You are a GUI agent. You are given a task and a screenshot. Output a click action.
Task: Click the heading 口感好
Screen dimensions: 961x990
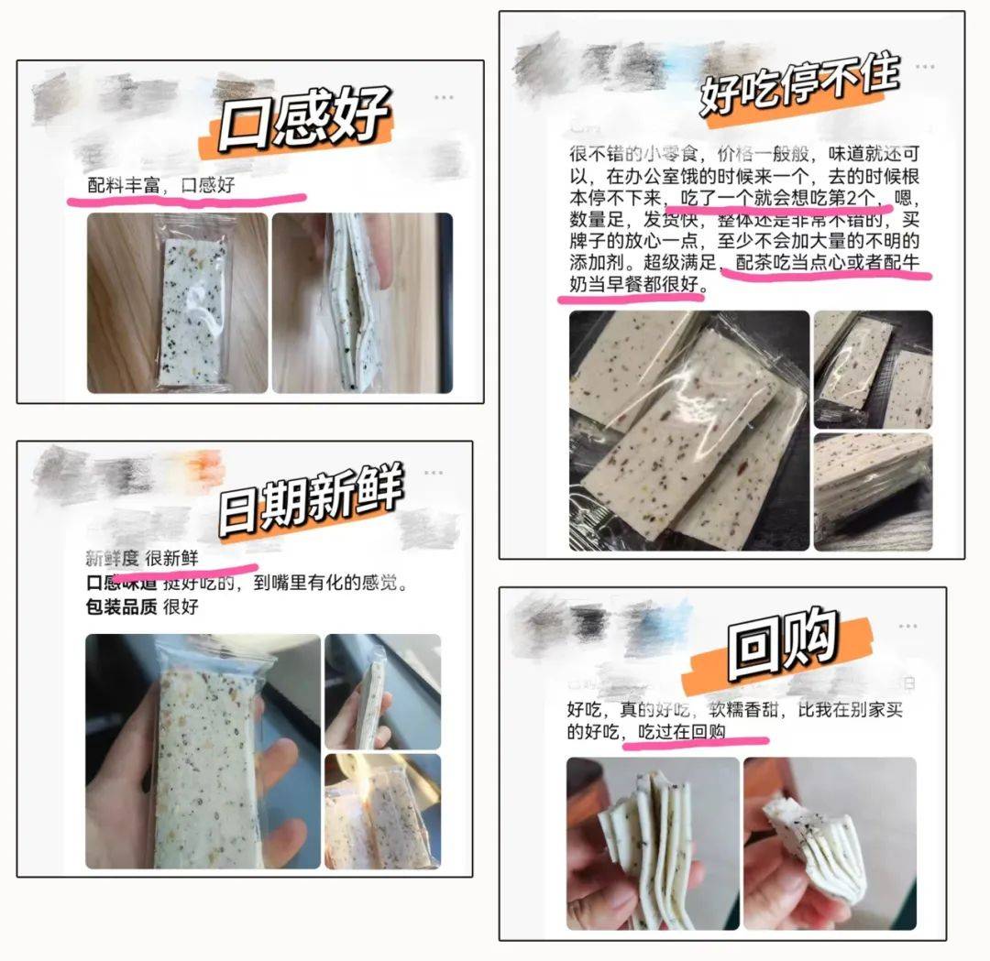click(x=302, y=126)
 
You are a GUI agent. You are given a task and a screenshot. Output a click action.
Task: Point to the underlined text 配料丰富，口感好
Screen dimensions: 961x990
click(x=161, y=186)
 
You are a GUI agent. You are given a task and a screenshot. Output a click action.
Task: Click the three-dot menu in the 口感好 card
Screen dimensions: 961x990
click(x=444, y=97)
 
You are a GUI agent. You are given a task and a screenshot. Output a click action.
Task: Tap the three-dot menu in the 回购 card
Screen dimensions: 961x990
click(x=907, y=626)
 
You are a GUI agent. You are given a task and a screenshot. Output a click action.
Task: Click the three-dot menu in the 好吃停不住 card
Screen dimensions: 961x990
click(x=926, y=67)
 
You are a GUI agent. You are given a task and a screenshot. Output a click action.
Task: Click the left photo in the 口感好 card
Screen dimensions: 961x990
click(x=177, y=303)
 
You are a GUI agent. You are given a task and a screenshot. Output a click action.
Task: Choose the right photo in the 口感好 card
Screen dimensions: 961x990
click(x=362, y=303)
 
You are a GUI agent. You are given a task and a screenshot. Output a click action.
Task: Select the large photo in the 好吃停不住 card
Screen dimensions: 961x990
click(x=689, y=431)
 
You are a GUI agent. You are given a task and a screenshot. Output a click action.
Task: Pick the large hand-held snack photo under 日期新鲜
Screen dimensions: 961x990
click(x=203, y=751)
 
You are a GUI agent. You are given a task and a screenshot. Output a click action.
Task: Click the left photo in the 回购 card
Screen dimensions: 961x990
click(x=653, y=843)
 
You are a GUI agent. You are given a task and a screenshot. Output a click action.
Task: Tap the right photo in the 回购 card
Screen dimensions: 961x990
click(x=830, y=843)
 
